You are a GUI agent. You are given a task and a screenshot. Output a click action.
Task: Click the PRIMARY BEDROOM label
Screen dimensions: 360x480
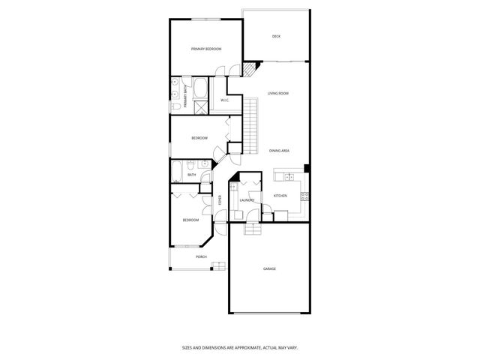tap(205, 49)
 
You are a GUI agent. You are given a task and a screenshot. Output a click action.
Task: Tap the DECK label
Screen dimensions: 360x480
tap(276, 36)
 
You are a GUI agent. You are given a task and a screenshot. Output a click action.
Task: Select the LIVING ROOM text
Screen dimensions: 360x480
tap(278, 94)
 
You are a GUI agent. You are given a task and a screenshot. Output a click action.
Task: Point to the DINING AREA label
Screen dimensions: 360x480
tap(280, 151)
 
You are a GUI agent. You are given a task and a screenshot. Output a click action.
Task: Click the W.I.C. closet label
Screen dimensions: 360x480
tap(224, 100)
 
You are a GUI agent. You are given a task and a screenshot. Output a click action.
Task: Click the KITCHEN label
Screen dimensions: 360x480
tap(280, 196)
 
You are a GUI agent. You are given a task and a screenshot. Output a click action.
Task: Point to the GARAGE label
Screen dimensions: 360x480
tap(269, 268)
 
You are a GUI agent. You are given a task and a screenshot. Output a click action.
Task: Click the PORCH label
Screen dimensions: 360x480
tap(201, 256)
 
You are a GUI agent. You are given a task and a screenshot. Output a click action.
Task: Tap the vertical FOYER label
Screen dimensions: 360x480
tap(220, 200)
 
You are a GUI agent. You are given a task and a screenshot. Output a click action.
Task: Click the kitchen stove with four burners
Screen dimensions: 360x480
tap(304, 196)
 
